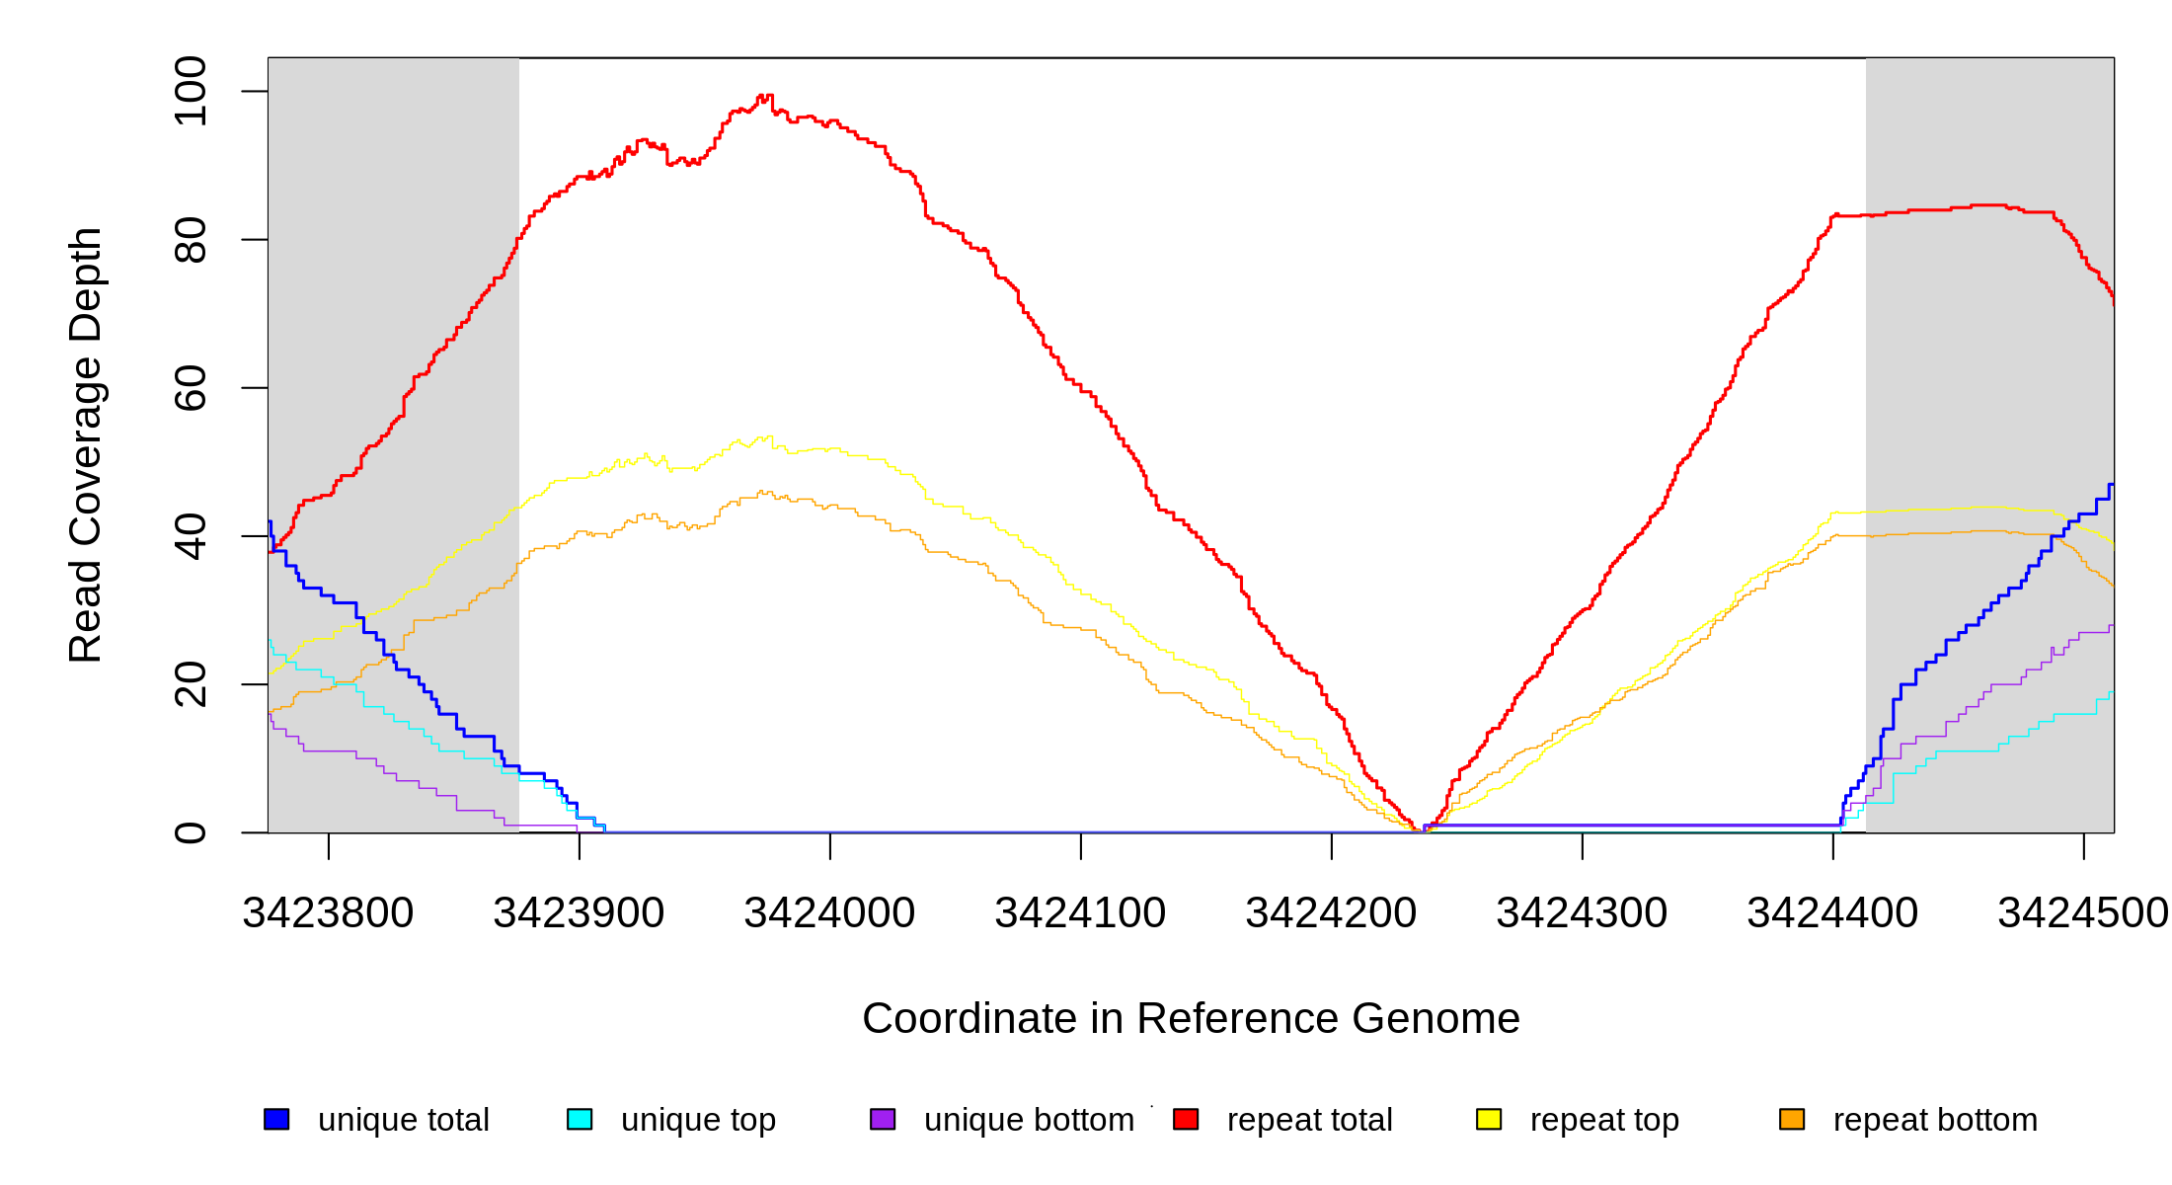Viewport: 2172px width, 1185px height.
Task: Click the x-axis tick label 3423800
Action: tap(328, 913)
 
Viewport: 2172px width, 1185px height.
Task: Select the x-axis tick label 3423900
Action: tap(579, 913)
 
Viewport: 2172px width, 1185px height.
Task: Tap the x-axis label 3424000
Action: tap(829, 913)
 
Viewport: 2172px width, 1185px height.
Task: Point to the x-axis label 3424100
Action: tap(1080, 913)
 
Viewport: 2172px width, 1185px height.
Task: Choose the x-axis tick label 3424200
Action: tap(1331, 913)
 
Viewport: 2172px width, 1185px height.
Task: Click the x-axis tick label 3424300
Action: tap(1582, 913)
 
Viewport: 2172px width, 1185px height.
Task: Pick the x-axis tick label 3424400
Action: tap(1832, 913)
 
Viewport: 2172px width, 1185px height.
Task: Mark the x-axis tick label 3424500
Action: tap(2083, 913)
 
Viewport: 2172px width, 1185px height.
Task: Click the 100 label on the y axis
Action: tap(191, 92)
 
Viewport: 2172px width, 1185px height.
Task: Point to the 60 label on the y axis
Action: tap(191, 388)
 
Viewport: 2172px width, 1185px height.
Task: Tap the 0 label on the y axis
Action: tap(191, 832)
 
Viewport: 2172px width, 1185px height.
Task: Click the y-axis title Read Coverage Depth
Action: tap(86, 444)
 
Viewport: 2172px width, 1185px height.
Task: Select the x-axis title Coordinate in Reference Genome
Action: tap(1191, 1018)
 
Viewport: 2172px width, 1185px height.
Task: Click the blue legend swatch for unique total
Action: tap(276, 1119)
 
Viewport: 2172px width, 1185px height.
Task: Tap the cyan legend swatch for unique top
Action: tap(580, 1119)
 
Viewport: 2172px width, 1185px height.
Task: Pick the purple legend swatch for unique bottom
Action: tap(883, 1119)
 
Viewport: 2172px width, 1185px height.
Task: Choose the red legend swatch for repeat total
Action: tap(1186, 1119)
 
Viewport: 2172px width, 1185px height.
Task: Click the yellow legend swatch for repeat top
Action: tap(1489, 1119)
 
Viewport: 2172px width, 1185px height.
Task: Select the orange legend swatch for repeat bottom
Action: tap(1792, 1119)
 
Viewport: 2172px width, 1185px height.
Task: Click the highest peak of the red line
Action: tap(761, 96)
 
